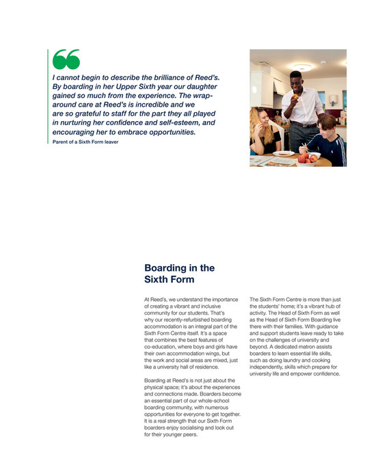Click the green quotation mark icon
(66, 60)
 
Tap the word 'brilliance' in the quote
(159, 79)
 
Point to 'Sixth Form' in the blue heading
(169, 280)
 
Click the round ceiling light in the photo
(301, 68)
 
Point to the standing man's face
(295, 79)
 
